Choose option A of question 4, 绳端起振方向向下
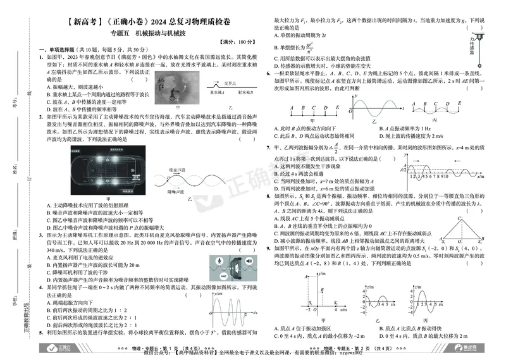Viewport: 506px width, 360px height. click(70, 302)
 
